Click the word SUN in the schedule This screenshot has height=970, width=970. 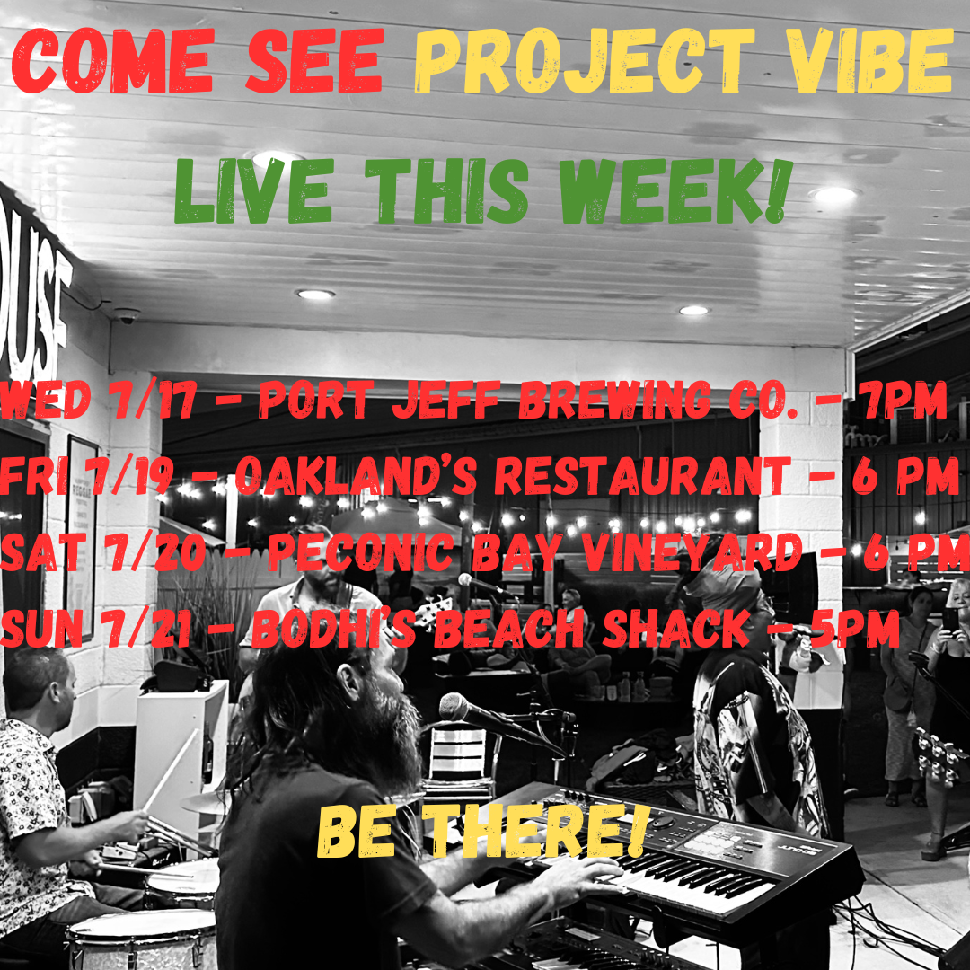click(41, 628)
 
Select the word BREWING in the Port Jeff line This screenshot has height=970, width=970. click(615, 399)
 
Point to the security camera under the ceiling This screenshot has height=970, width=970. click(128, 315)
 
